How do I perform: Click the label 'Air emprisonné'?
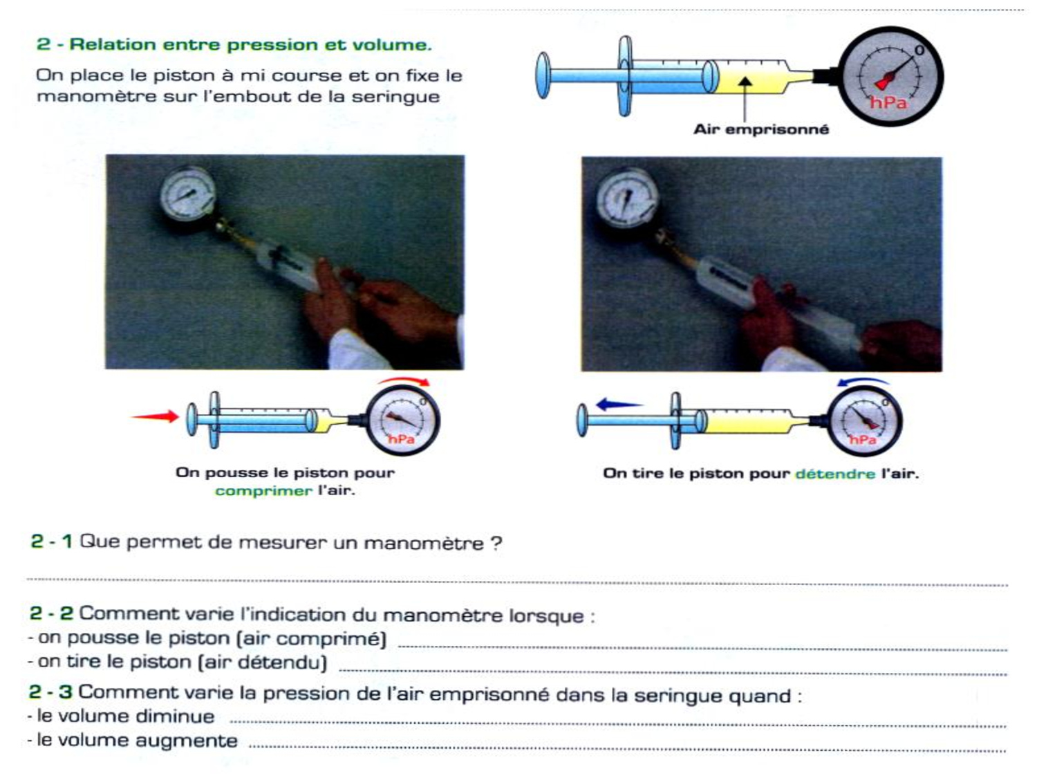pos(760,129)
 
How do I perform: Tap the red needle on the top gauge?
pos(895,74)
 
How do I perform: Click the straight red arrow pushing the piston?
pos(155,416)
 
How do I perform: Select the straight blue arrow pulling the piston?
pos(619,404)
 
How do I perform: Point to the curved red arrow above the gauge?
pos(404,380)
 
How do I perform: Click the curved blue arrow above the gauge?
pos(863,381)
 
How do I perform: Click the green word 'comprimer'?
pos(263,491)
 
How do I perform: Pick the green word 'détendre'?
pos(835,473)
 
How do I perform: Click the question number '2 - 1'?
pos(51,541)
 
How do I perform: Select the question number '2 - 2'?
pos(51,613)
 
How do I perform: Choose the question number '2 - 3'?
pos(50,692)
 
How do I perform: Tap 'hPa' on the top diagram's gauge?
pos(888,102)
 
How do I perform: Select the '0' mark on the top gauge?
pos(919,50)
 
